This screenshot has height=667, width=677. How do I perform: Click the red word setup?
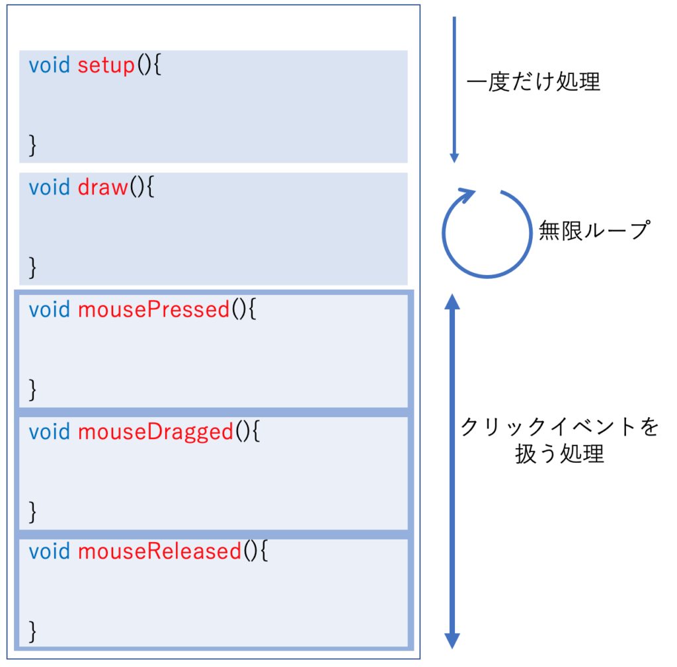click(x=106, y=66)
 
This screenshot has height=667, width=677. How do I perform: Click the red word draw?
click(x=102, y=188)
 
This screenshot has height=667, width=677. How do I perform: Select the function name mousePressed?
click(x=154, y=309)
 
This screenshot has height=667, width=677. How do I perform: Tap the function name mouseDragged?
click(x=155, y=432)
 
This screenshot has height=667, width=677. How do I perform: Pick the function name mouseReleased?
click(x=159, y=551)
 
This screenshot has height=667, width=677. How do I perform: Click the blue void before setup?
click(x=50, y=66)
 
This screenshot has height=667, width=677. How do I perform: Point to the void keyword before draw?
click(x=50, y=188)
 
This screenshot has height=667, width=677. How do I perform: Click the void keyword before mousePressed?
click(x=50, y=309)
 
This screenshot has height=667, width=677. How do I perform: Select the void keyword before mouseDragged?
click(x=50, y=432)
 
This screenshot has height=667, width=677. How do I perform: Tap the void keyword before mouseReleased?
click(x=50, y=551)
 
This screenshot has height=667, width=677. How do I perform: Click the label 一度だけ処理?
click(x=534, y=83)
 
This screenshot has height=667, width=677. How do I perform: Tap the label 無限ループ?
click(x=594, y=231)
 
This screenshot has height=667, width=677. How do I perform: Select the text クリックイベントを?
click(x=559, y=427)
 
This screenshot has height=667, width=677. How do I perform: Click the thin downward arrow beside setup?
click(x=454, y=89)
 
